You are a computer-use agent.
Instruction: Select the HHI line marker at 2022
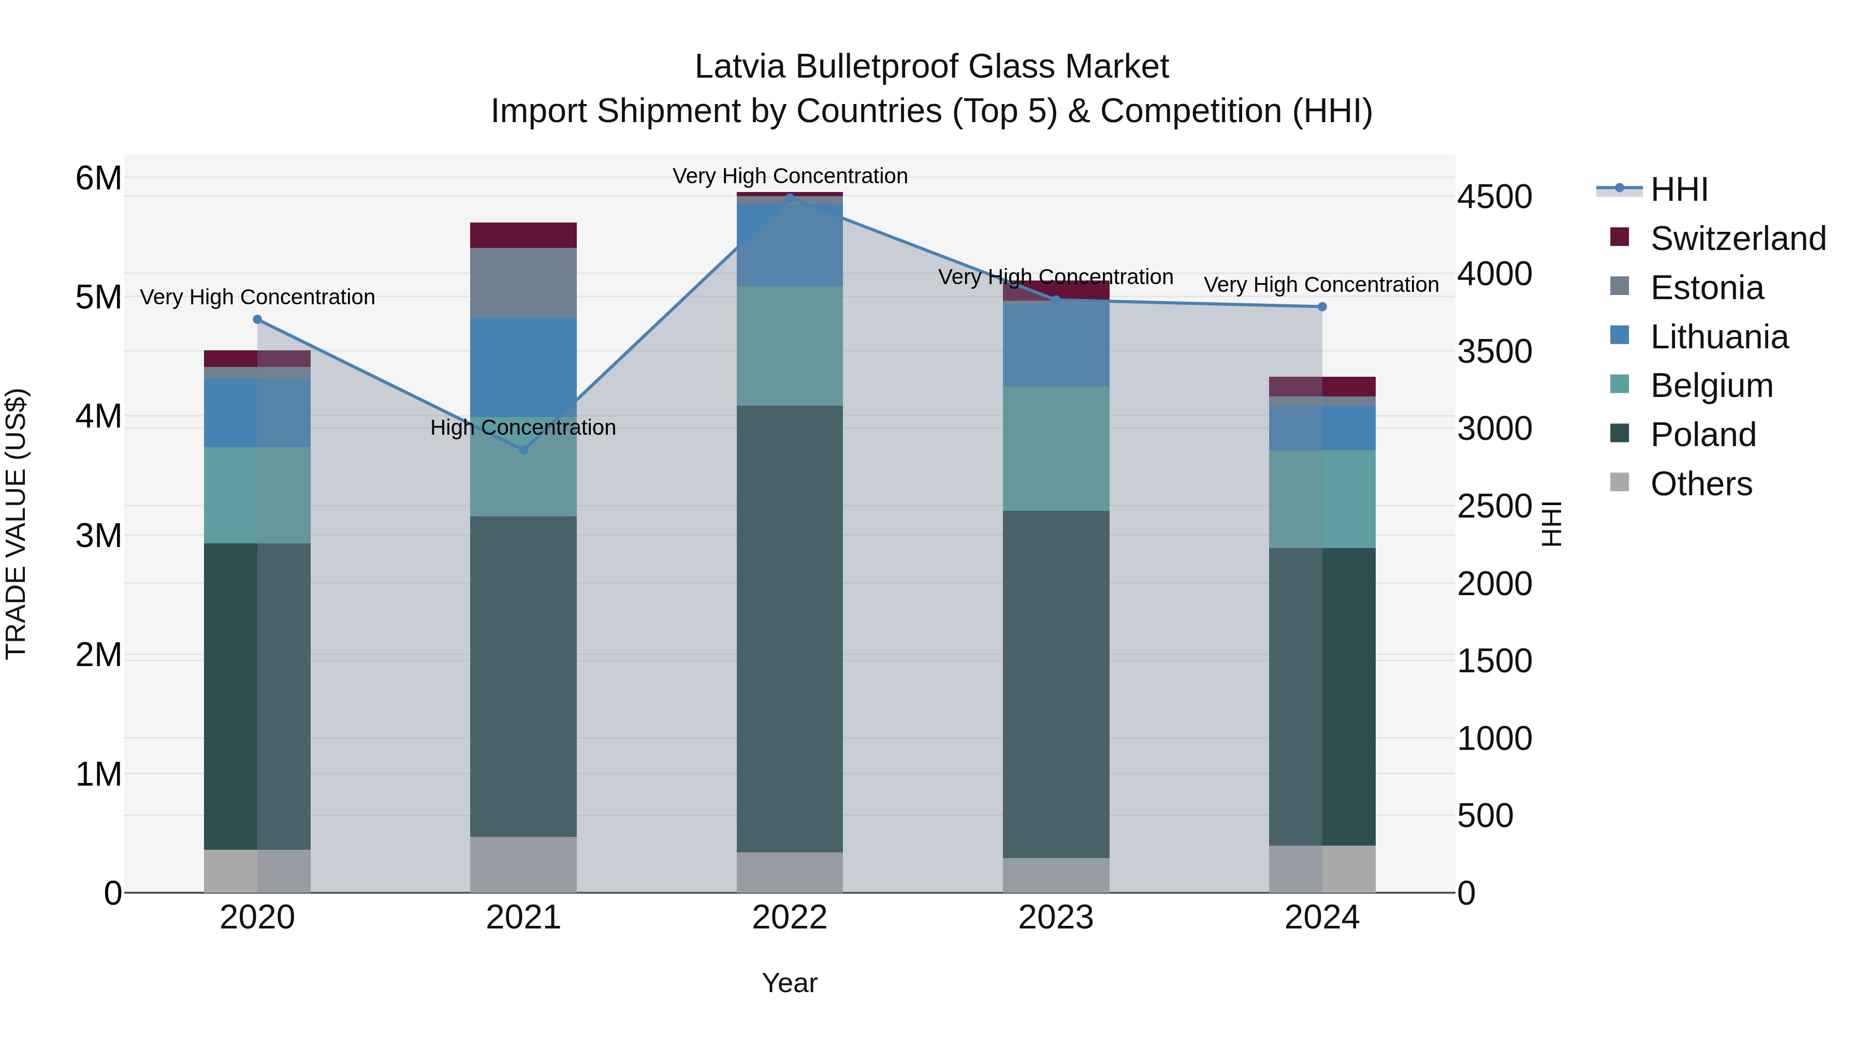(790, 197)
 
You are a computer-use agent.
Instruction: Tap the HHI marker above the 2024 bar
(1322, 307)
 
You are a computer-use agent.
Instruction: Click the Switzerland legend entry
(1737, 239)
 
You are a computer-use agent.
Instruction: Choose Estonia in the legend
(1706, 288)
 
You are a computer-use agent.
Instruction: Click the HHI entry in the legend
(1679, 189)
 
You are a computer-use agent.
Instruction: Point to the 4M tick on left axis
(98, 417)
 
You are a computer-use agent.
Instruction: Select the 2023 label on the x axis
(1056, 918)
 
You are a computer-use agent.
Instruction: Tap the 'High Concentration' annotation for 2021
(523, 427)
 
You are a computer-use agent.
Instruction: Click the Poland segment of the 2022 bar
(790, 629)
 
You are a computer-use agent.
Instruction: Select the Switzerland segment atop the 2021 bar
(523, 235)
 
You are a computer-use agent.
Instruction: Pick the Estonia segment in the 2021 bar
(523, 283)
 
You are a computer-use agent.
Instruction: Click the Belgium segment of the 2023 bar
(1056, 448)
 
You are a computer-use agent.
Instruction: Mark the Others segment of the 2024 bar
(1322, 868)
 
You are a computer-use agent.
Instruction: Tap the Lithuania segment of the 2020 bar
(257, 412)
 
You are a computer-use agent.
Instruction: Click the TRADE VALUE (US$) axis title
(16, 524)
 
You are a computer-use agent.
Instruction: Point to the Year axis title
(790, 983)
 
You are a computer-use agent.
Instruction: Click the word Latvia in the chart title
(739, 67)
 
